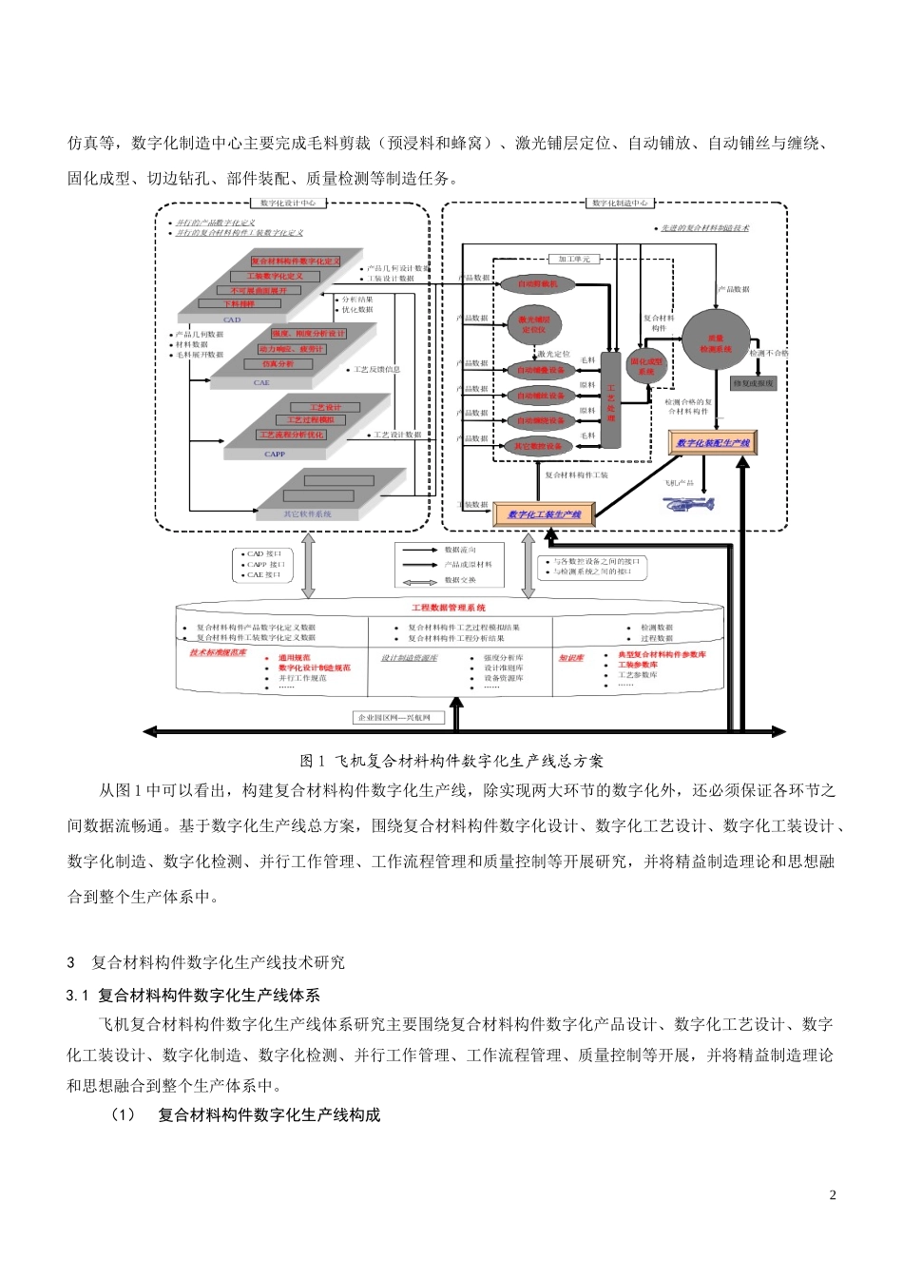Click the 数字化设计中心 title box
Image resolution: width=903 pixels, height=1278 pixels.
(288, 203)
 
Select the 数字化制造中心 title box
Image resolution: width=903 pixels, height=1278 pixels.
(620, 203)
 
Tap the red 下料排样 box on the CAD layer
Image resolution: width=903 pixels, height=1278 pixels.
(240, 304)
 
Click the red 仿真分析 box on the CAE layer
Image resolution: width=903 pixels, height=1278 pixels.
(278, 364)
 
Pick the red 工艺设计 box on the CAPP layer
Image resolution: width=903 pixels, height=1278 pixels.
(326, 407)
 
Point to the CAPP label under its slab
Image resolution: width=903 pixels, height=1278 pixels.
(275, 455)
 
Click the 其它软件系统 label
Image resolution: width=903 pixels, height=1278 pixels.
(308, 514)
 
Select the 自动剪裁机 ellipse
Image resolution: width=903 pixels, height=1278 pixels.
(537, 283)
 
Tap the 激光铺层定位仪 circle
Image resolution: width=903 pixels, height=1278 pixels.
(534, 323)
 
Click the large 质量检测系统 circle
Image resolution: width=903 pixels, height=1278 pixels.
(716, 343)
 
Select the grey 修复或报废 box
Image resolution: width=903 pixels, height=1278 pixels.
(754, 383)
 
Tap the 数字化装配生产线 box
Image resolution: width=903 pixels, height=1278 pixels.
(713, 443)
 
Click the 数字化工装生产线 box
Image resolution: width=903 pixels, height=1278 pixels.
(544, 514)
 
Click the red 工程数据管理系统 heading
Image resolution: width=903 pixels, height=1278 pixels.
(449, 608)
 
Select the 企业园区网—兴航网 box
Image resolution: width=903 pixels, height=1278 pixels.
(394, 718)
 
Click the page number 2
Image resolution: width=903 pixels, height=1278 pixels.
(834, 1195)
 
